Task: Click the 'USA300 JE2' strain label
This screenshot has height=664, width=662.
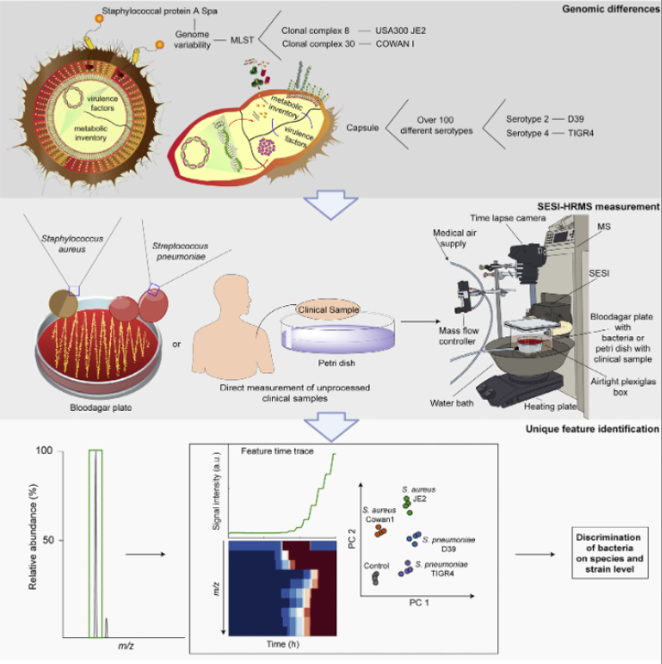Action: tap(401, 30)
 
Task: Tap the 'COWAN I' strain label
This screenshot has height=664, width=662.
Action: tap(395, 44)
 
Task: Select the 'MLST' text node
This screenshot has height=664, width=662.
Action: tap(242, 40)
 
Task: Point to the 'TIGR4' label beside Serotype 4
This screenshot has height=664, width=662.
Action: tap(581, 133)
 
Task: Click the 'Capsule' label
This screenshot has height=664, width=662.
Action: tap(362, 127)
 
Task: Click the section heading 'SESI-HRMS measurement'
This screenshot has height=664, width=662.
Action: tap(598, 207)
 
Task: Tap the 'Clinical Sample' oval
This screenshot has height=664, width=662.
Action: tap(328, 310)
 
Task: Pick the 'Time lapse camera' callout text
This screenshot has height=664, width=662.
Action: tap(508, 218)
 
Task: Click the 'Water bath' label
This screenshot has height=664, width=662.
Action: tap(452, 403)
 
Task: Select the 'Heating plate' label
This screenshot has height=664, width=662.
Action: tap(550, 406)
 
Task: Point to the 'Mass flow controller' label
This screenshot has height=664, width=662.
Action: tap(458, 336)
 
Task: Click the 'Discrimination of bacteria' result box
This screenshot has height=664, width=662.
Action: tap(609, 553)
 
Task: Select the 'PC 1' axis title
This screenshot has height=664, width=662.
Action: tap(419, 602)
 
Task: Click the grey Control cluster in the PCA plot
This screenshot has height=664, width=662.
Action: tap(376, 577)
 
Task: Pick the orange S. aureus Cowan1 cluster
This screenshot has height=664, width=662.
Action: tap(380, 531)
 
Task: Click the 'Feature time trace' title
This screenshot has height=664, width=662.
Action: tap(277, 451)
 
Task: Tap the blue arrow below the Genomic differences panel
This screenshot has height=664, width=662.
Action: tap(331, 205)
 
